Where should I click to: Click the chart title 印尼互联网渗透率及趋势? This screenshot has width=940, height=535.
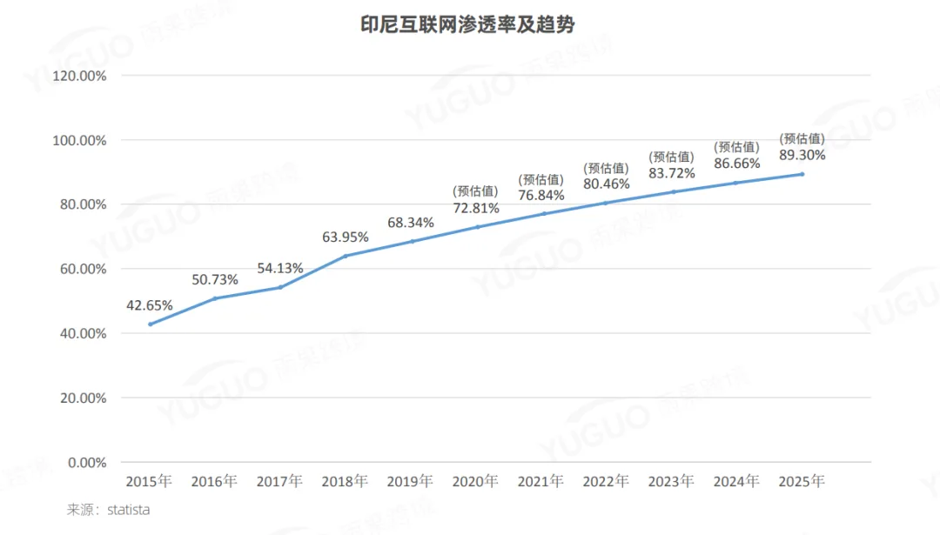(467, 25)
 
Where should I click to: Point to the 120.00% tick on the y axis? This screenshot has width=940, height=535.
(79, 76)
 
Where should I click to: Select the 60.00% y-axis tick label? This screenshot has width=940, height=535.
(83, 269)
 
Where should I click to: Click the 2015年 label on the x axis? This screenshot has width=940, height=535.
(149, 481)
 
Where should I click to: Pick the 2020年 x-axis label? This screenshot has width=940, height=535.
(475, 481)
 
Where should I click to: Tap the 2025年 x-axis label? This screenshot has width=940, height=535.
(802, 481)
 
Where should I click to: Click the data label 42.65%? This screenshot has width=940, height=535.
(150, 305)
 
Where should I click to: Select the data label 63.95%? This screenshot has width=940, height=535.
(346, 237)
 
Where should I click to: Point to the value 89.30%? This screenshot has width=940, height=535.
(802, 155)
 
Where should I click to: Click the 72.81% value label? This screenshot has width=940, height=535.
(476, 208)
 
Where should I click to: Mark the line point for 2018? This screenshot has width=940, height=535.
(346, 256)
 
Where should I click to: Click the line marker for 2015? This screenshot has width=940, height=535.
(150, 324)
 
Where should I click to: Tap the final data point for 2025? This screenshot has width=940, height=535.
(802, 174)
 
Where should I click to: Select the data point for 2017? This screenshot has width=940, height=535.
(280, 287)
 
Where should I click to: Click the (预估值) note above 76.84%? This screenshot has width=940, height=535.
(541, 179)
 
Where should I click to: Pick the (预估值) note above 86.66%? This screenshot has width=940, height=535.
(737, 147)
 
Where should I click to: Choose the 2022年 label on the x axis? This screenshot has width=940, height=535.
(606, 481)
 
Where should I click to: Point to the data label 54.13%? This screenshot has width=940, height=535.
(280, 268)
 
